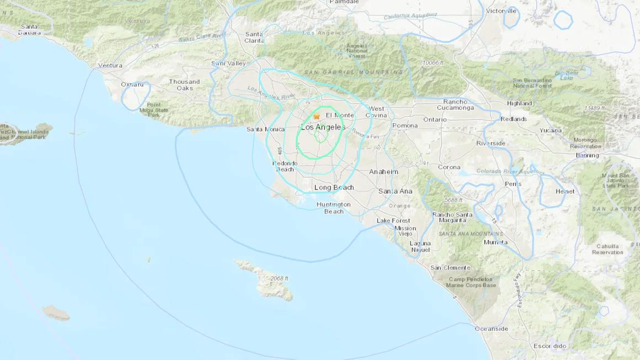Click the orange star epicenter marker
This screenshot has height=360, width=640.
coord(317,116)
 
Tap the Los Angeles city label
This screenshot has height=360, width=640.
coord(323,127)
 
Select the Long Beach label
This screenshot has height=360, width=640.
coord(334,187)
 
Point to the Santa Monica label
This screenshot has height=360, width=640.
coord(266,129)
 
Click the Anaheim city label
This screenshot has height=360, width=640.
coord(383,171)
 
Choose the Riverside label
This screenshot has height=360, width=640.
coord(490,143)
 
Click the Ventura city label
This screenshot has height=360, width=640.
coord(110,66)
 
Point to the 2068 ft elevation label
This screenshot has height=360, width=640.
coord(279,278)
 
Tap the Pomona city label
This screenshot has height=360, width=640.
coord(405,126)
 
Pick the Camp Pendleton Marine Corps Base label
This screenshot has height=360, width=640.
coord(472,282)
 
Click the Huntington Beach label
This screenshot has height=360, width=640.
coord(333,208)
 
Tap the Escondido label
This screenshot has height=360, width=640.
coord(550,346)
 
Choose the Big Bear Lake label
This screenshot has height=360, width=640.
coord(566,75)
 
